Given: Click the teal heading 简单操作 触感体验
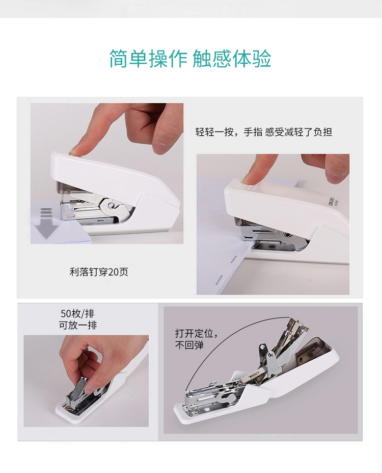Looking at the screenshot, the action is pos(190,58).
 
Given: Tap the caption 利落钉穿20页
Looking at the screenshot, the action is pos(99,272).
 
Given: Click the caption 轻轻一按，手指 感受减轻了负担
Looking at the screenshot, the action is pos(264,132).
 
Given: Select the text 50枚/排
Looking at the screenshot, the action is pos(77,314).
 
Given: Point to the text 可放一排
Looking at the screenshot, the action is pos(77,325).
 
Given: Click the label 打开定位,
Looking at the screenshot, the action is pos(197,333).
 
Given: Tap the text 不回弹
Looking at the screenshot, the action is pos(189,344).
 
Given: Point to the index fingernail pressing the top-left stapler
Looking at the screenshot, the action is pos(75,153).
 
